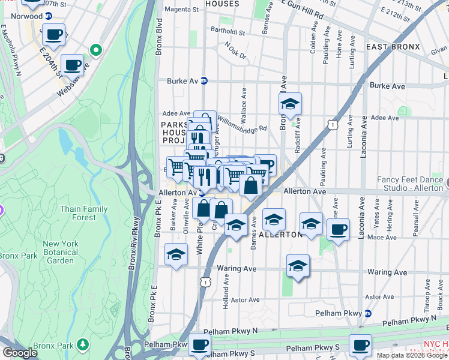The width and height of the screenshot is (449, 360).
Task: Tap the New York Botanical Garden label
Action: pos(60,252)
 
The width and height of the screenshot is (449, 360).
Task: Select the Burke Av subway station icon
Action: pos(203,81)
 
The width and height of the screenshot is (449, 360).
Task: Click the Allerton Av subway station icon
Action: pos(202,193)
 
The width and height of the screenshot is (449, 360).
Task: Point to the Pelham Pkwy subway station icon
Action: pos(367,313)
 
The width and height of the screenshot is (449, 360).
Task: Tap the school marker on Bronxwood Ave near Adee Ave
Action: pos(290,104)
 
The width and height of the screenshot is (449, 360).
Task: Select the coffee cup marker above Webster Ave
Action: pos(72,64)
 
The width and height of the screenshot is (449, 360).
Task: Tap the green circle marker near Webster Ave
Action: pos(95,50)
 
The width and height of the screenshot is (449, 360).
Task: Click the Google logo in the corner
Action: pos(20,353)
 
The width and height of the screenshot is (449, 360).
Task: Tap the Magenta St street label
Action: pos(182,10)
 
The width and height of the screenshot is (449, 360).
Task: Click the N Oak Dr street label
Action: pos(235,50)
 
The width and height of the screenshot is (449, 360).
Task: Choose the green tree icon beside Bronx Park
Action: pos(83,344)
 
